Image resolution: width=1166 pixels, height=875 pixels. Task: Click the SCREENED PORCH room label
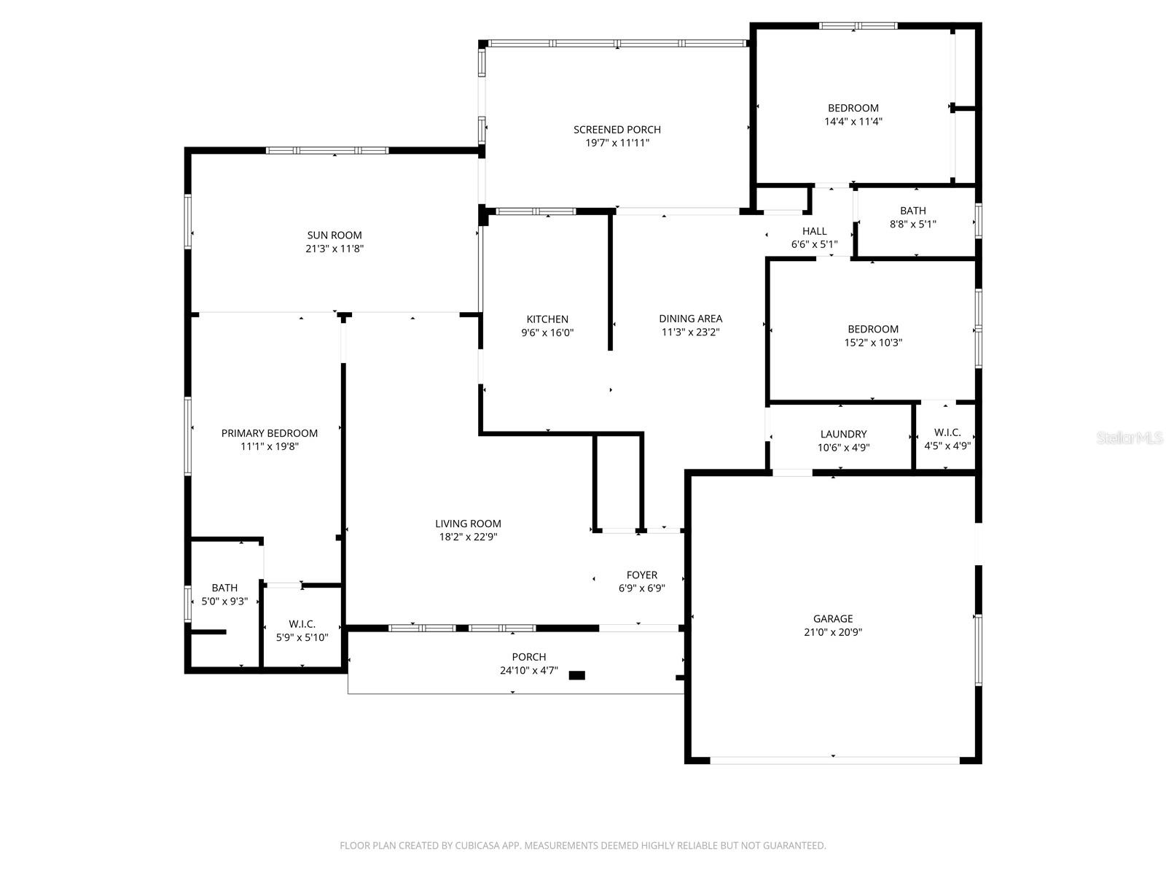pos(617,130)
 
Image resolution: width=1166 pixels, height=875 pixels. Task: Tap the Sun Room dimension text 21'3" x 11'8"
pos(334,249)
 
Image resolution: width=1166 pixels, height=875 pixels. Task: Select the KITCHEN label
pos(547,319)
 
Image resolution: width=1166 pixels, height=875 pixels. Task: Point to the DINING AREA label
pos(690,319)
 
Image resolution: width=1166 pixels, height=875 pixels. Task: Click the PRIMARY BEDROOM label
pos(270,433)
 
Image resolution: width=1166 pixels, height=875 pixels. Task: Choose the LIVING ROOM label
pos(468,524)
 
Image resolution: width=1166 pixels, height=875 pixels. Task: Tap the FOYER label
pos(641,575)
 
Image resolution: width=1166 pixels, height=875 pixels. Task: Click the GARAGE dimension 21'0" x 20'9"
pos(833,632)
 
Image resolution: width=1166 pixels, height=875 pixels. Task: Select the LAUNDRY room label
pos(843,434)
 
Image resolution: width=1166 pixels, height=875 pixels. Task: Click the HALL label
pos(814,231)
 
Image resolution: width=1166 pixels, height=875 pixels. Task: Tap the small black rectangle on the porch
pos(576,675)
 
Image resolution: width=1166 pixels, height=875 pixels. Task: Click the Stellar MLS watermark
pos(1130,438)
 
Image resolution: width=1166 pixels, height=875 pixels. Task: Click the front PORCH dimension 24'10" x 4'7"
pos(528,671)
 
